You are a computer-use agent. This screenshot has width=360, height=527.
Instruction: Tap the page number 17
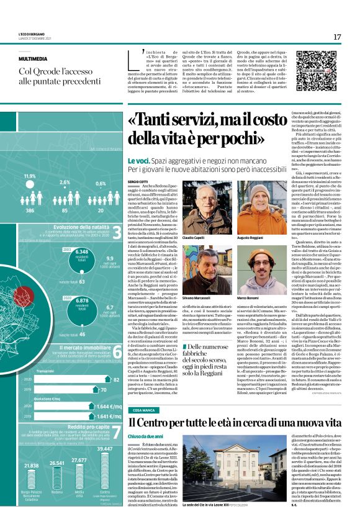pos(337,37)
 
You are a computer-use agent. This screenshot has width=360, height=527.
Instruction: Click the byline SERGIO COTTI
pos(137,181)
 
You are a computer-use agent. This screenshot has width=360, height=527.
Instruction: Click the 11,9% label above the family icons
pos(30,176)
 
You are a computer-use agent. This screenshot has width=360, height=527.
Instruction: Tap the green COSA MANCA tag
pos(144,411)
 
